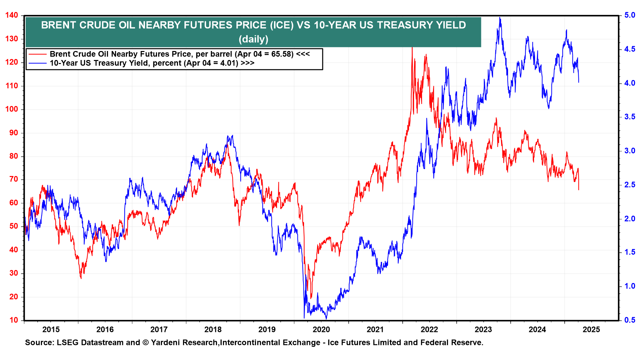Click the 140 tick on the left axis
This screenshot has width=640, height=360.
[x=12, y=15]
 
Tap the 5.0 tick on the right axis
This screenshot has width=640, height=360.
[x=630, y=15]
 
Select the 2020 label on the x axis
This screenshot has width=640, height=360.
[x=321, y=330]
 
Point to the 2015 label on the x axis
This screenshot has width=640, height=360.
[x=51, y=330]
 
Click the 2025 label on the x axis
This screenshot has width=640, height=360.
[x=591, y=330]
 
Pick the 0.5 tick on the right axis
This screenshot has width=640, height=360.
[x=630, y=320]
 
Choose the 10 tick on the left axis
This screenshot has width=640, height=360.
[x=14, y=320]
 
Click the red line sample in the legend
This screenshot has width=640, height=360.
[x=37, y=54]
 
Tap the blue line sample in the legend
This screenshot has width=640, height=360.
[x=37, y=63]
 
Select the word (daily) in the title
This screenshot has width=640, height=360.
[x=253, y=39]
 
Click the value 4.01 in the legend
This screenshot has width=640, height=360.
[x=229, y=63]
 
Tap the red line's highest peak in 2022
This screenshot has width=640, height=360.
[x=412, y=48]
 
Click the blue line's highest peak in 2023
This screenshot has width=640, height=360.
[x=500, y=18]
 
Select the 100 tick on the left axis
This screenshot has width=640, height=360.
[x=12, y=109]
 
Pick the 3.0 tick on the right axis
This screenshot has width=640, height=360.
[x=630, y=151]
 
